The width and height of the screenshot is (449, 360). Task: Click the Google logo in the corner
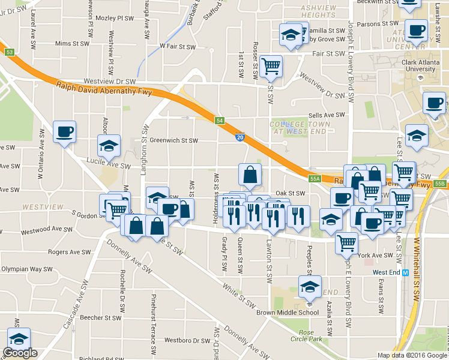20,353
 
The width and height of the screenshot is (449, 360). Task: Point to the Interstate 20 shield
239,138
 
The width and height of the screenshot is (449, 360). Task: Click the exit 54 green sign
220,121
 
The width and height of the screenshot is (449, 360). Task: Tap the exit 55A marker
316,179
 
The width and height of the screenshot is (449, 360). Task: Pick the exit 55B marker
441,183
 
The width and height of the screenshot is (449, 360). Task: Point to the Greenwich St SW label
173,141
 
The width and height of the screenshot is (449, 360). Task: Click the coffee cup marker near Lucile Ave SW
64,131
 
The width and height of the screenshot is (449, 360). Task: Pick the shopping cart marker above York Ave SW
347,242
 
